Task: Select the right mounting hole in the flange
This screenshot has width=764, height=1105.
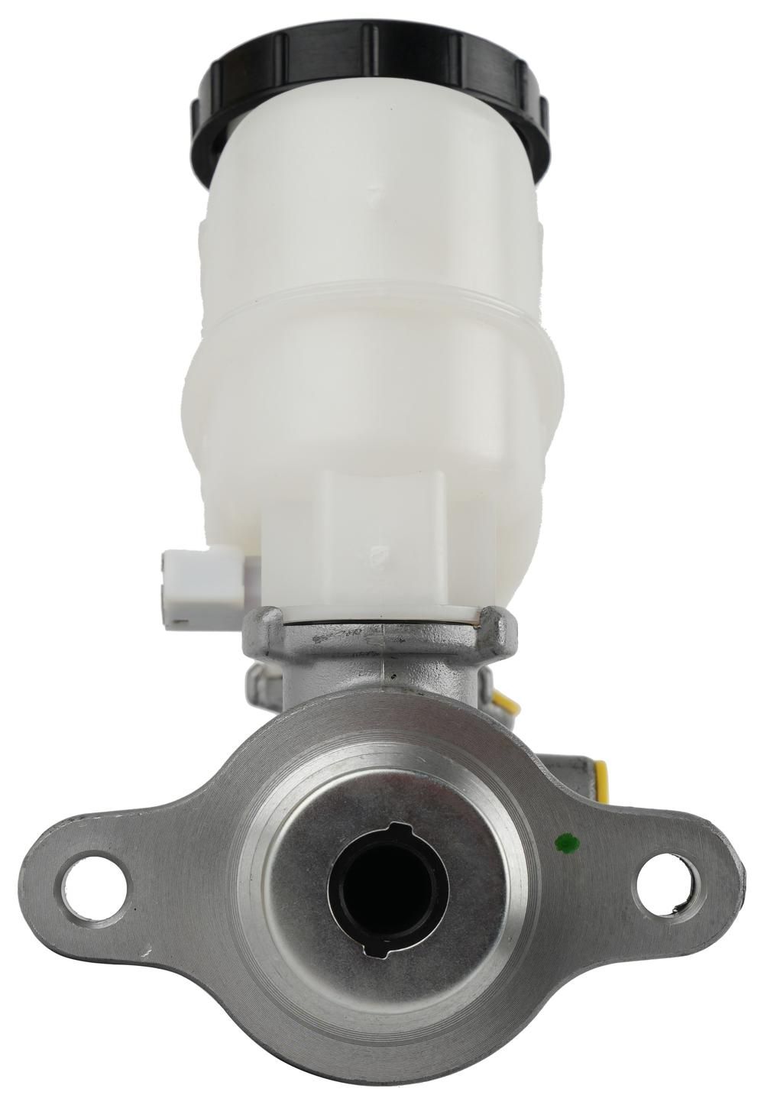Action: (665, 886)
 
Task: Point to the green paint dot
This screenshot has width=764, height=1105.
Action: (566, 843)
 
